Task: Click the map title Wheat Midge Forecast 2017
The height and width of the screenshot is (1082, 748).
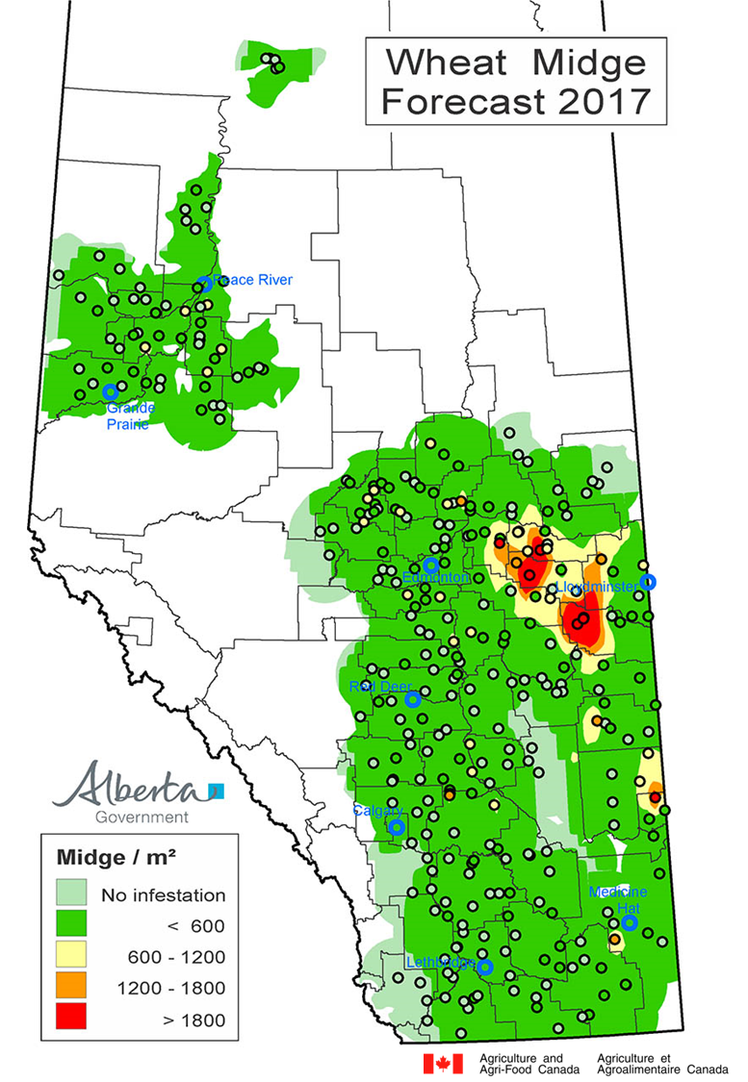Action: [x=516, y=82]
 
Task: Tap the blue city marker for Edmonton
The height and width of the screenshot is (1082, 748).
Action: [x=431, y=565]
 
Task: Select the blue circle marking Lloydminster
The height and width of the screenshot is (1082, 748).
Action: [x=649, y=581]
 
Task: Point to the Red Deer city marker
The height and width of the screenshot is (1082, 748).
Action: [x=413, y=699]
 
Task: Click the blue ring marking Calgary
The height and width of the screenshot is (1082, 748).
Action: [x=396, y=826]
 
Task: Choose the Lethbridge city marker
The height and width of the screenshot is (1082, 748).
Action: [x=485, y=967]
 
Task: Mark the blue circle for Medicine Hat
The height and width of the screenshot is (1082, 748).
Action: [x=629, y=922]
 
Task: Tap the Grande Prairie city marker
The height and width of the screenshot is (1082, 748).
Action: [x=110, y=391]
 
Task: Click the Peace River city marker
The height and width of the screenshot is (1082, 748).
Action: [x=204, y=284]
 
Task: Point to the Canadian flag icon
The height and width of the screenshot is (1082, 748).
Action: [x=442, y=1063]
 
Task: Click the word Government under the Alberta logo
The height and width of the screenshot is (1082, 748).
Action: [x=142, y=817]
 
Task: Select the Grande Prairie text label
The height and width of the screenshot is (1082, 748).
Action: [x=131, y=415]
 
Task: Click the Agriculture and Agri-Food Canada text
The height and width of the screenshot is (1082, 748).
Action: [x=535, y=1064]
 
